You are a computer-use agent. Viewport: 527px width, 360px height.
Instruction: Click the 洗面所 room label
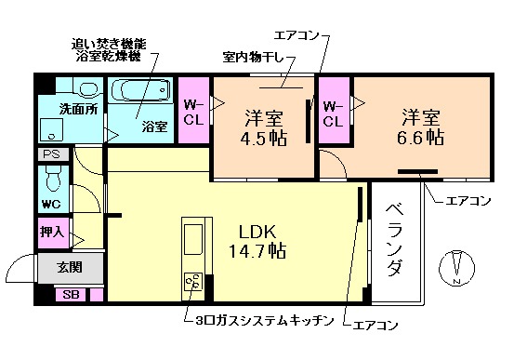[x=78, y=109]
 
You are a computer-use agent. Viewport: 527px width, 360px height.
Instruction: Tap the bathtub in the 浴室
[x=141, y=93]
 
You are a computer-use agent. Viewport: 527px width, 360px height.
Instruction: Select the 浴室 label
[x=153, y=127]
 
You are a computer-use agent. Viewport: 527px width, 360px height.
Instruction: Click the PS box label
[x=49, y=154]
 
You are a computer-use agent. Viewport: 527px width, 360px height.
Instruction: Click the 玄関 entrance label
[x=69, y=268]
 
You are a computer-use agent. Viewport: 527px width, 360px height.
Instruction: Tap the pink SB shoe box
[x=69, y=295]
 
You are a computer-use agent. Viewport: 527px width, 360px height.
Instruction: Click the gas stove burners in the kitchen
[x=195, y=280]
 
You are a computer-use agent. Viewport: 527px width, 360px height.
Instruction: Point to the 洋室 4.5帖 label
[x=264, y=128]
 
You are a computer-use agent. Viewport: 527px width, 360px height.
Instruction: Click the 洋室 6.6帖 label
[x=420, y=127]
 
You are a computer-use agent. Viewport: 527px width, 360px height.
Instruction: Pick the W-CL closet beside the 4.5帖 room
[x=194, y=111]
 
